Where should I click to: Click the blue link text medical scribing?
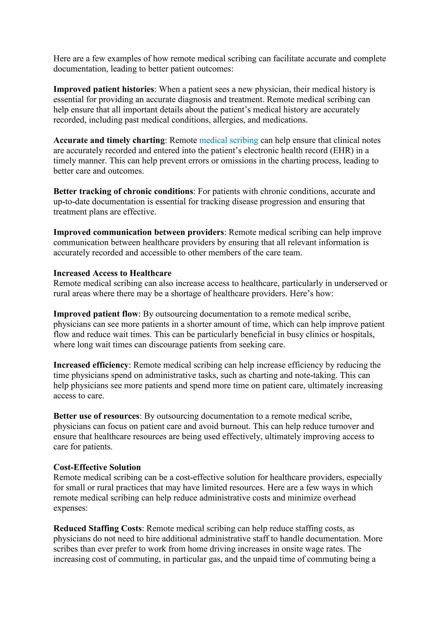click(229, 140)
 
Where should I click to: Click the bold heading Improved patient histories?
click(103, 89)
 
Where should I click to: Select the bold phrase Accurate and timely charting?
click(109, 140)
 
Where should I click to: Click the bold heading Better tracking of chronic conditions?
click(123, 191)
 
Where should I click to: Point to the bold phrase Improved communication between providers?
click(138, 232)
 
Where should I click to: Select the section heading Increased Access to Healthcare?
click(112, 273)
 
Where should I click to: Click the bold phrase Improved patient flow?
click(96, 314)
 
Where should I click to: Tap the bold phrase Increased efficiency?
click(91, 365)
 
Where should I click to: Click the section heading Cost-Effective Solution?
click(97, 467)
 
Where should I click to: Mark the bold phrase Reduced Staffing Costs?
click(98, 528)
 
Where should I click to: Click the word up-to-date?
click(71, 202)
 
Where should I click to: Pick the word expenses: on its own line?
click(70, 508)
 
